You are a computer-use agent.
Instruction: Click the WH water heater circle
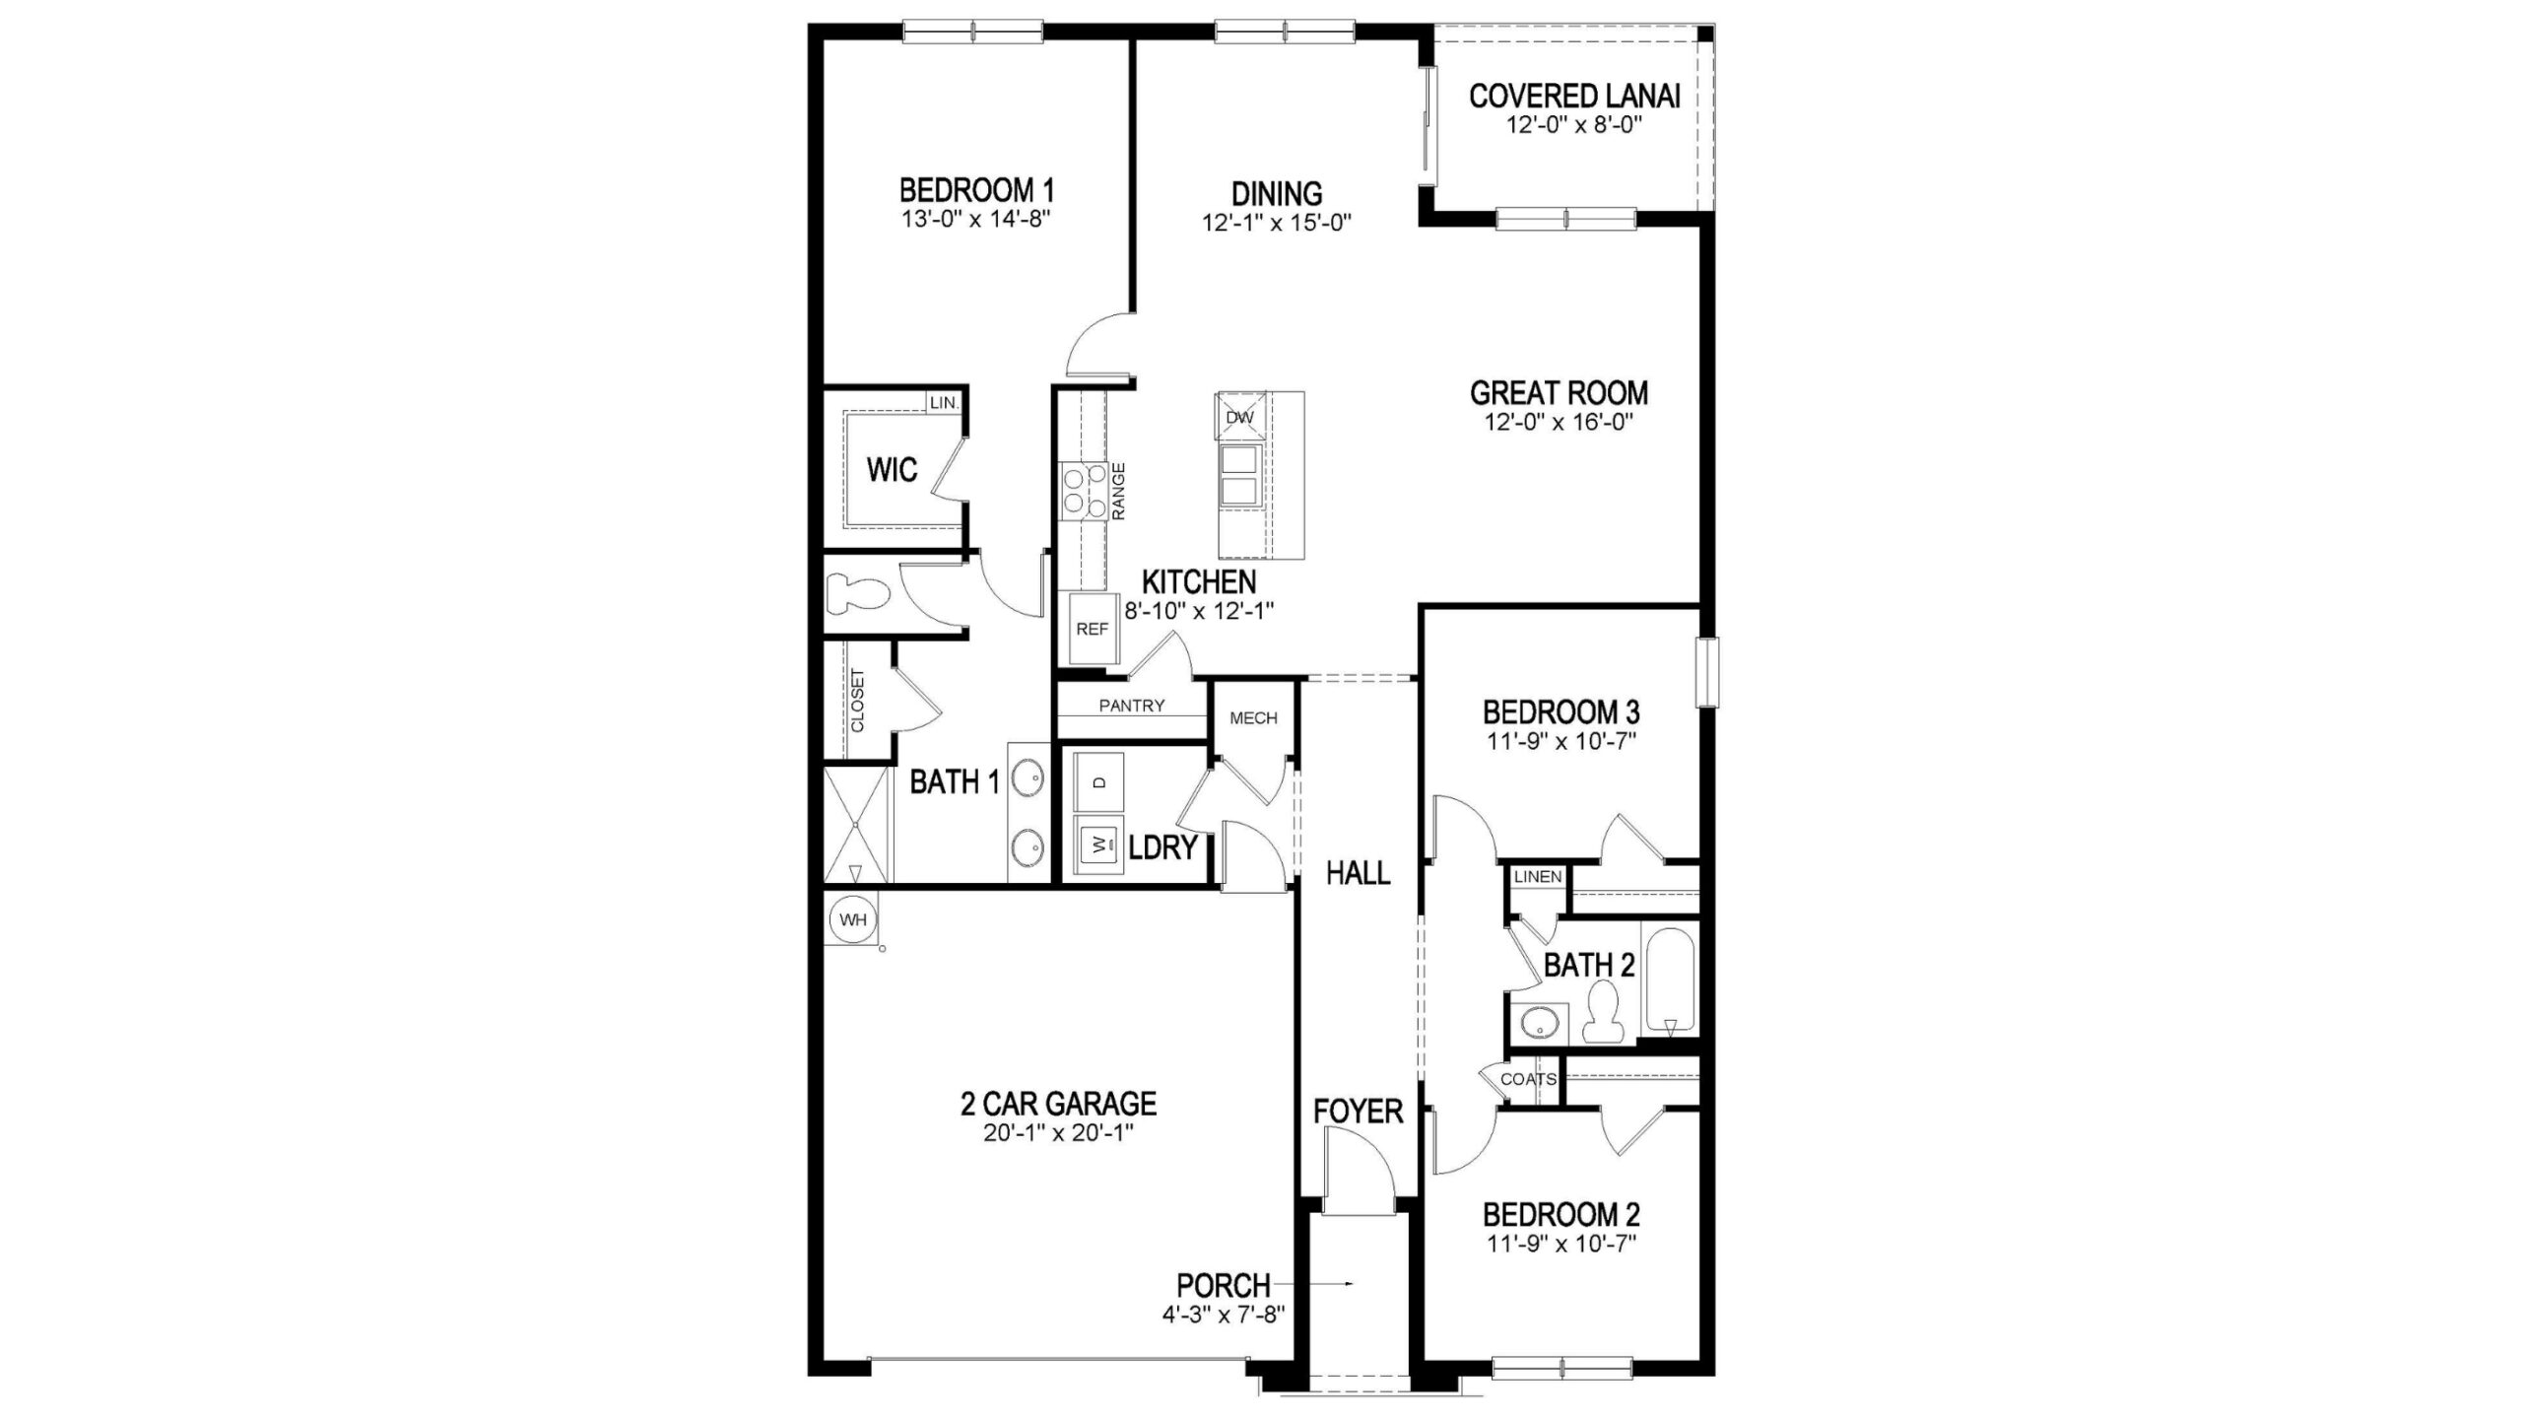pos(853,920)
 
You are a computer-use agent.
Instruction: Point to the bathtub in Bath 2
pos(1670,979)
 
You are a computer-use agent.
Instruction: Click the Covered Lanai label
pos(1574,97)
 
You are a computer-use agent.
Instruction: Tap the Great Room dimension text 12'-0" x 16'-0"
pos(1560,423)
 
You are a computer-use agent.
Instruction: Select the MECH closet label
pos(1253,718)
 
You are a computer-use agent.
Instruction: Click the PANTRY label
pos(1132,706)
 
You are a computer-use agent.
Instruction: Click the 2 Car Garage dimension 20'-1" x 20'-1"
pos(1059,1133)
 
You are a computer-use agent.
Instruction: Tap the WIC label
pos(892,470)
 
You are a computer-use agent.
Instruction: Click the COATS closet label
pos(1528,1079)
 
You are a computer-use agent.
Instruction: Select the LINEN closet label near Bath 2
pos(1538,876)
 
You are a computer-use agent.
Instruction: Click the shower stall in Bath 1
pos(856,826)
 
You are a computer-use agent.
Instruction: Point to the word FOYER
pos(1358,1112)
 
